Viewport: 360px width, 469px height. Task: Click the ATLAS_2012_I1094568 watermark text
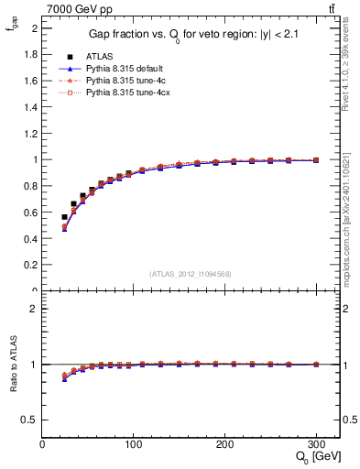191,273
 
